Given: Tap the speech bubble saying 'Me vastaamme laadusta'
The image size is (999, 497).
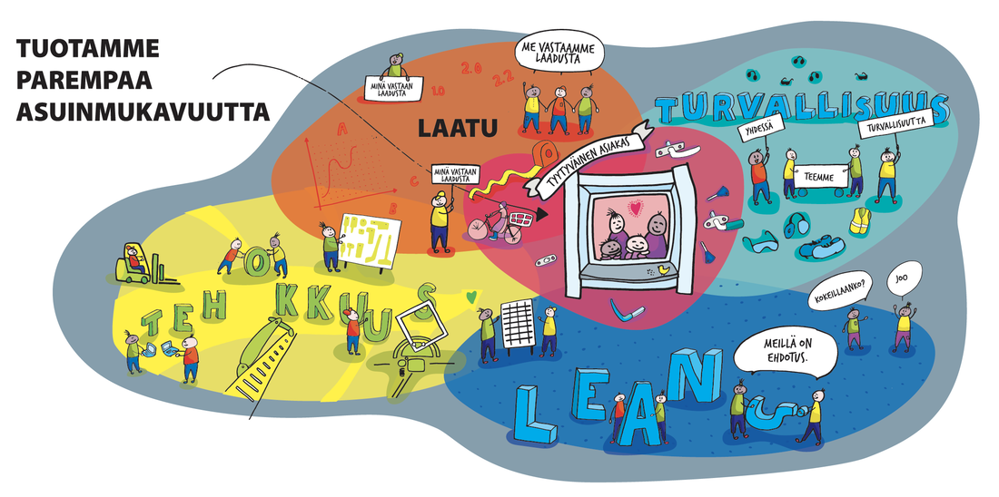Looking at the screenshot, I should coord(559,54).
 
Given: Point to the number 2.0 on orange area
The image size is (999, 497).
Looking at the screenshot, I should coord(470,68).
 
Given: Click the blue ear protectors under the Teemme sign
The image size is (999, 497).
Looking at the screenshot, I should coord(799,223).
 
